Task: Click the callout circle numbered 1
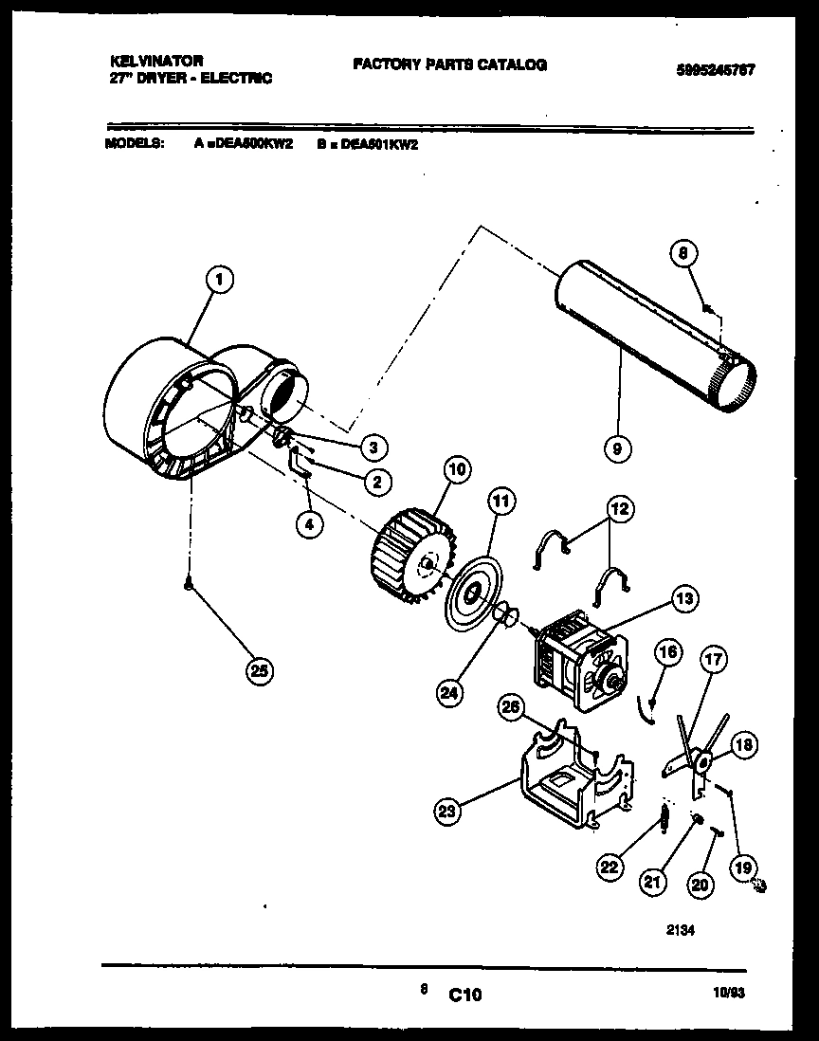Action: [x=219, y=279]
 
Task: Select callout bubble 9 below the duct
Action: [x=616, y=447]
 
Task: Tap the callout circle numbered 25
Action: [x=258, y=670]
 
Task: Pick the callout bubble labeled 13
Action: [x=683, y=597]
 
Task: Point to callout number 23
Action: [x=447, y=810]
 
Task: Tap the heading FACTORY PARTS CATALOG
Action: [x=449, y=64]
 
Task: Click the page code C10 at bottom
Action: [x=465, y=995]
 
